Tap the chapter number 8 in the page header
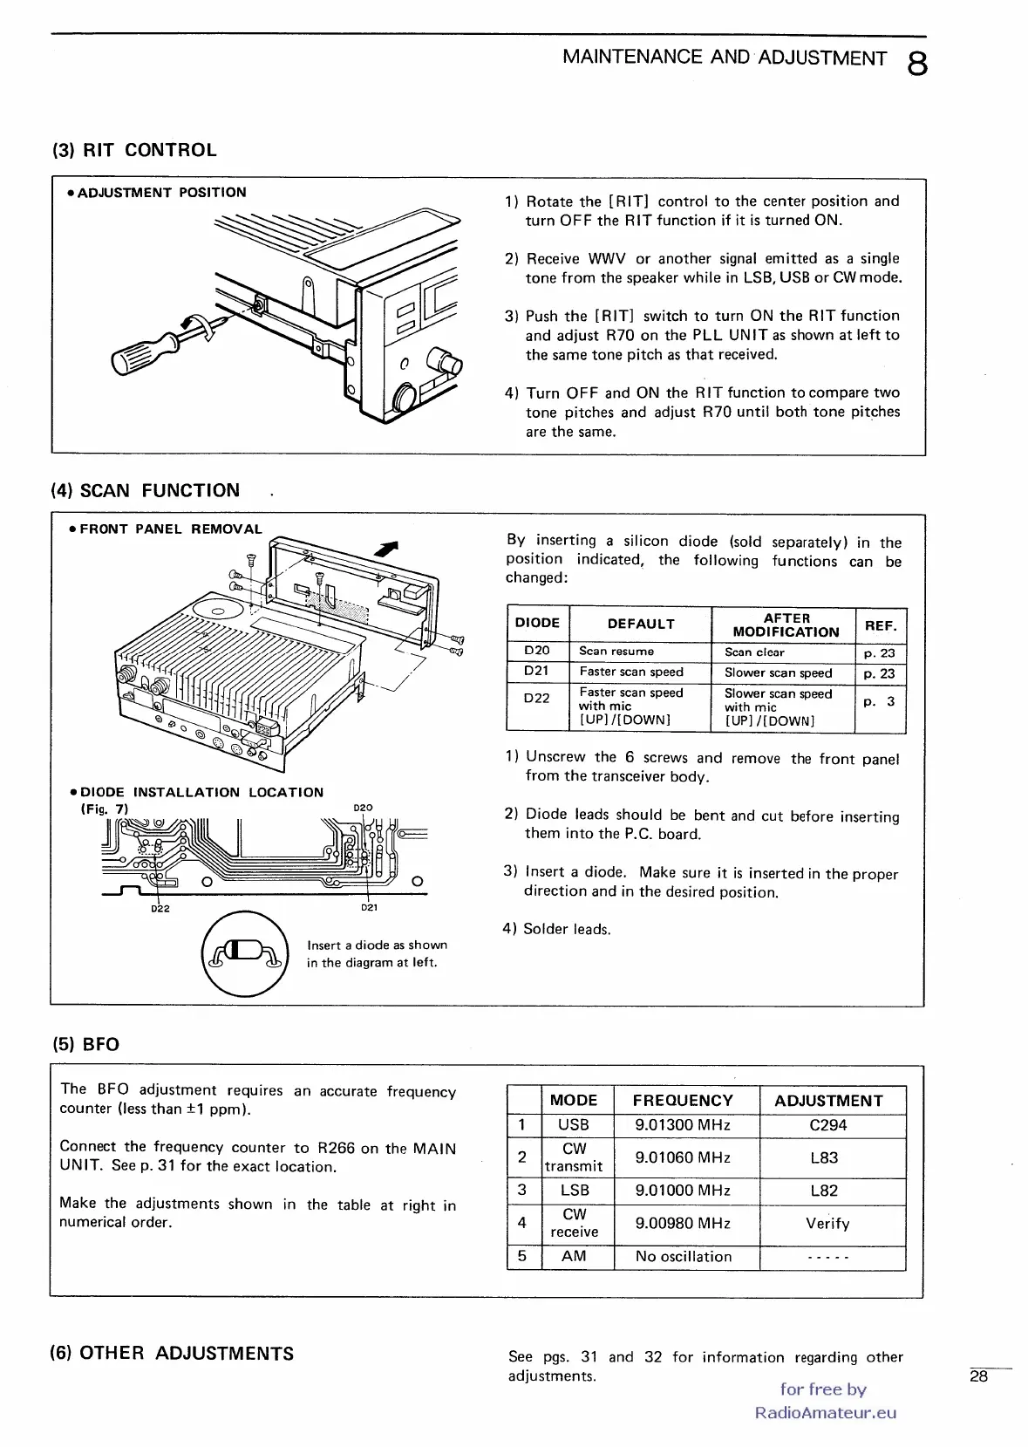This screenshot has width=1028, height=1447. [x=916, y=64]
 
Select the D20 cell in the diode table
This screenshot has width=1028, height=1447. [x=537, y=651]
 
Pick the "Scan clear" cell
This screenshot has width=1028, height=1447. [x=755, y=652]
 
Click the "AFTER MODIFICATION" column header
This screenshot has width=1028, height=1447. [x=786, y=625]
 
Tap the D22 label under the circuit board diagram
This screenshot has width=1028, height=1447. [x=160, y=908]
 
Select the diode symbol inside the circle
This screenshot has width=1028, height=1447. [x=244, y=951]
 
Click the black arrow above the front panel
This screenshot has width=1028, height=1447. [x=386, y=548]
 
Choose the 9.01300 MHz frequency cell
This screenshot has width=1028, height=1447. [x=683, y=1125]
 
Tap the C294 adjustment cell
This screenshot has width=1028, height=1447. [x=828, y=1125]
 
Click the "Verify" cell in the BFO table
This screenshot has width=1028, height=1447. [x=827, y=1224]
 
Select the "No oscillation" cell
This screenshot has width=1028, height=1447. [x=684, y=1257]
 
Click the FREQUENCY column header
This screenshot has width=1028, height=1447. [x=683, y=1101]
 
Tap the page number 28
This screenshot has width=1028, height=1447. [x=978, y=1376]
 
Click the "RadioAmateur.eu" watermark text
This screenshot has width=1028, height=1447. [x=825, y=1413]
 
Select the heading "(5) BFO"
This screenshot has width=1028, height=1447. [x=85, y=1045]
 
